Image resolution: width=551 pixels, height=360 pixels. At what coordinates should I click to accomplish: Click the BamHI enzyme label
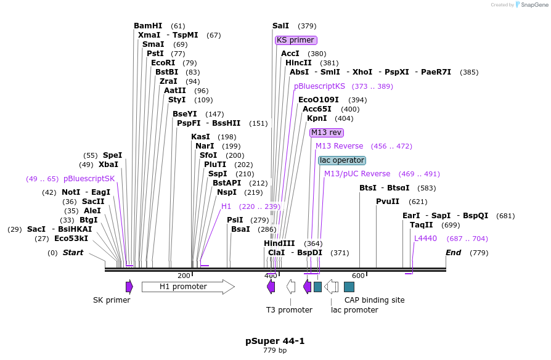[x=148, y=26]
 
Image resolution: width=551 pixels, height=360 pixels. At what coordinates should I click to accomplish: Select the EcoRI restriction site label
[x=163, y=63]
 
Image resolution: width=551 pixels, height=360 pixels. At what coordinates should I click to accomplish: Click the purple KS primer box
[x=295, y=40]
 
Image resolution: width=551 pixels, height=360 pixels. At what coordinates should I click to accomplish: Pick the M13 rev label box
[x=327, y=133]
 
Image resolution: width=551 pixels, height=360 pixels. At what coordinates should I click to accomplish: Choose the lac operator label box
[x=342, y=160]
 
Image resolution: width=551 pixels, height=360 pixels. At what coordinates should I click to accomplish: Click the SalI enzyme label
[x=280, y=26]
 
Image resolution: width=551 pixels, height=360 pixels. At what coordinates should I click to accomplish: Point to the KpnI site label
[x=317, y=118]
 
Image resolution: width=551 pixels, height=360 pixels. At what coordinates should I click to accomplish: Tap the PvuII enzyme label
[x=388, y=202]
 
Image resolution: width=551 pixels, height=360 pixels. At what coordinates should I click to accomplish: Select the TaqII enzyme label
[x=422, y=225]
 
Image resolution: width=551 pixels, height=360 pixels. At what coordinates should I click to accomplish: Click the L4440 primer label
[x=425, y=239]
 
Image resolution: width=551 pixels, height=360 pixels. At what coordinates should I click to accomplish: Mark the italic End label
[x=454, y=253]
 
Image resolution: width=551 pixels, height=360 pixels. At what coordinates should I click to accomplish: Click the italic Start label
[x=73, y=253]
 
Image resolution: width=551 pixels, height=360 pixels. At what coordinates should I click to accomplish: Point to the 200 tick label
[x=184, y=276]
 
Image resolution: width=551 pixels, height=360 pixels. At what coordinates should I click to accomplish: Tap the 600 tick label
[x=358, y=276]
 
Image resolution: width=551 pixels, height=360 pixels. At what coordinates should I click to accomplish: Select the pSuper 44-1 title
[x=275, y=341]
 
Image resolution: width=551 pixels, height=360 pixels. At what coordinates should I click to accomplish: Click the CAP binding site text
[x=374, y=300]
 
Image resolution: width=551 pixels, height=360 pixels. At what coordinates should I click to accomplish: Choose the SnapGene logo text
[x=531, y=5]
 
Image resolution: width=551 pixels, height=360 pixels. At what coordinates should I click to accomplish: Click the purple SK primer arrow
[x=129, y=287]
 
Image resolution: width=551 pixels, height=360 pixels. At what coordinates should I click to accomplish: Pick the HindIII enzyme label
[x=279, y=243]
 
